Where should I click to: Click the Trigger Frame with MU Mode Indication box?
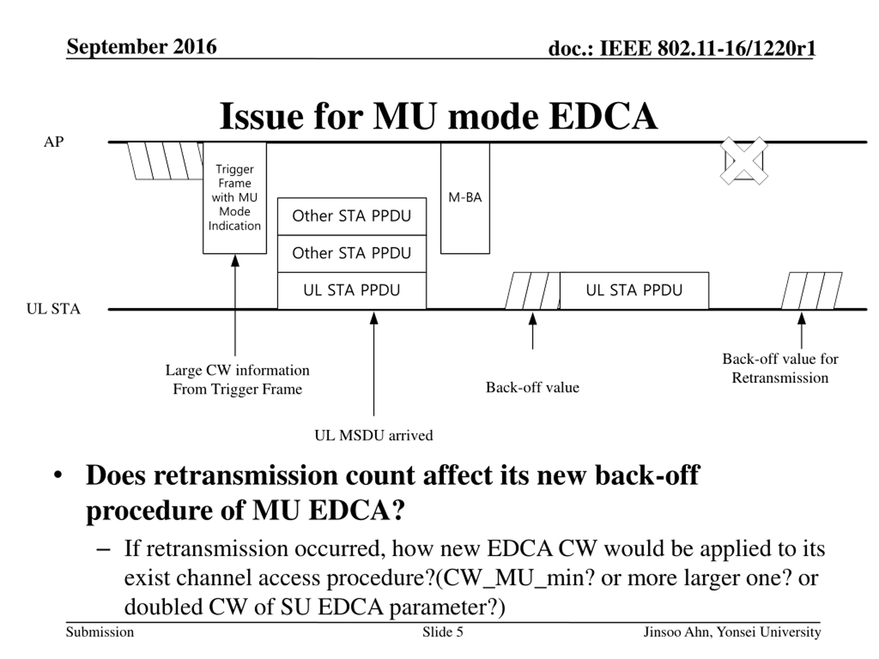click(x=235, y=198)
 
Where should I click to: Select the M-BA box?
click(x=465, y=198)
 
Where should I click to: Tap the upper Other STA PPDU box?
click(x=352, y=216)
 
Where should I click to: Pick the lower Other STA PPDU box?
click(x=352, y=253)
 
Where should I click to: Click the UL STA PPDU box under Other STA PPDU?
click(x=352, y=290)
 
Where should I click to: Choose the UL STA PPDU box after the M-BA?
click(x=634, y=290)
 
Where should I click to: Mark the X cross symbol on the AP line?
click(x=744, y=161)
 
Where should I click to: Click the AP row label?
click(x=54, y=142)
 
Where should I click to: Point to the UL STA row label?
click(x=53, y=309)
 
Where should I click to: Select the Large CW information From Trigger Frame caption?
click(x=237, y=380)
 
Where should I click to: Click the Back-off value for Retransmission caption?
click(x=780, y=368)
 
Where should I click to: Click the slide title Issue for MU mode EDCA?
click(x=438, y=116)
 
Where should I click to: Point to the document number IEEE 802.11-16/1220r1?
click(x=682, y=48)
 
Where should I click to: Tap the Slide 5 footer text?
click(x=443, y=632)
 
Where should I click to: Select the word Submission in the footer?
click(x=100, y=632)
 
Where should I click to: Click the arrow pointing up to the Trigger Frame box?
click(x=235, y=306)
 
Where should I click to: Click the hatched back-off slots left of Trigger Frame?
click(x=165, y=161)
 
